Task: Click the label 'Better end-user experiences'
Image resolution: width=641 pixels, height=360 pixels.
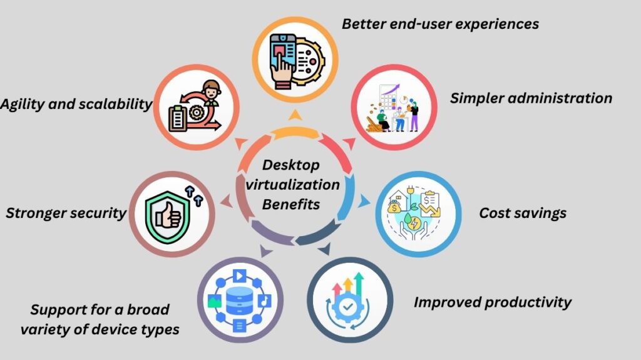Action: pyautogui.click(x=440, y=24)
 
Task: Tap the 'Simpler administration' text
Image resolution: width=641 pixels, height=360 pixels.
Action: pyautogui.click(x=531, y=98)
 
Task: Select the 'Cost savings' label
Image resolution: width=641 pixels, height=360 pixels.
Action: pyautogui.click(x=523, y=213)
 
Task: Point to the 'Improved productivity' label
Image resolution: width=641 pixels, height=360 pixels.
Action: pyautogui.click(x=492, y=302)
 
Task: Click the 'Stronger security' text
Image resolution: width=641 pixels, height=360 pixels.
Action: pyautogui.click(x=66, y=213)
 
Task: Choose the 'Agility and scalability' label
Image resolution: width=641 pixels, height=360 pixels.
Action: pyautogui.click(x=76, y=105)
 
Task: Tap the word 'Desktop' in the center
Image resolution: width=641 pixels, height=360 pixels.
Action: pyautogui.click(x=291, y=165)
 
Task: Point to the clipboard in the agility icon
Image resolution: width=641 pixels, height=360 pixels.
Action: pyautogui.click(x=180, y=116)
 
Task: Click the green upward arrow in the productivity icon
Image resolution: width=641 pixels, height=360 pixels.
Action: pyautogui.click(x=359, y=281)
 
